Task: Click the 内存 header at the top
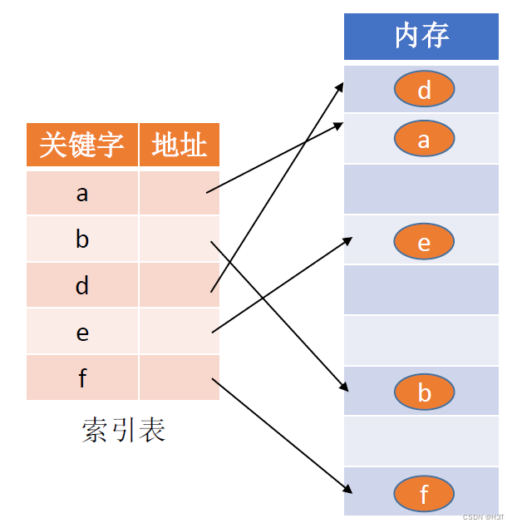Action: coord(421,36)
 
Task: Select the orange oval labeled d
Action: coord(424,89)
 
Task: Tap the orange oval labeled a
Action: coord(424,139)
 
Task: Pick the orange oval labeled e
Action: coord(424,242)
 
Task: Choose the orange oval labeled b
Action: coord(424,392)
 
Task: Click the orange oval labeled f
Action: coord(424,494)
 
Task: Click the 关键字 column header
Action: coord(81,146)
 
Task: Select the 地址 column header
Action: coord(180,146)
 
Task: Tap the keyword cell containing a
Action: coord(81,193)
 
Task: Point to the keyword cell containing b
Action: coord(81,239)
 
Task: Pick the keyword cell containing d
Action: coord(81,286)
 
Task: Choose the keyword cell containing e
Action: coord(81,333)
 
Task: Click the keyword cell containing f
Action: coord(81,378)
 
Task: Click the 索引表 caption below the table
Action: coord(123,429)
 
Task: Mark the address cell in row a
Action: coord(180,193)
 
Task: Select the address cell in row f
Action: coord(180,378)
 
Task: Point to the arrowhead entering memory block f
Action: coord(344,492)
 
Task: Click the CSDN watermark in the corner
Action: coord(483,516)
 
